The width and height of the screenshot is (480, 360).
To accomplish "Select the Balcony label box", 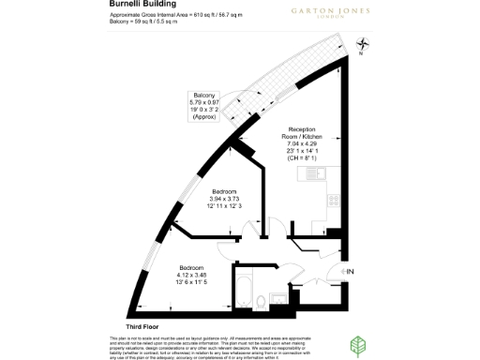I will (204, 109).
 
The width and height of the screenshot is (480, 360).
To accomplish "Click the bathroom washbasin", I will (277, 300).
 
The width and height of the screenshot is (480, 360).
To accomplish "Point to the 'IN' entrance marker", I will (350, 272).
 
